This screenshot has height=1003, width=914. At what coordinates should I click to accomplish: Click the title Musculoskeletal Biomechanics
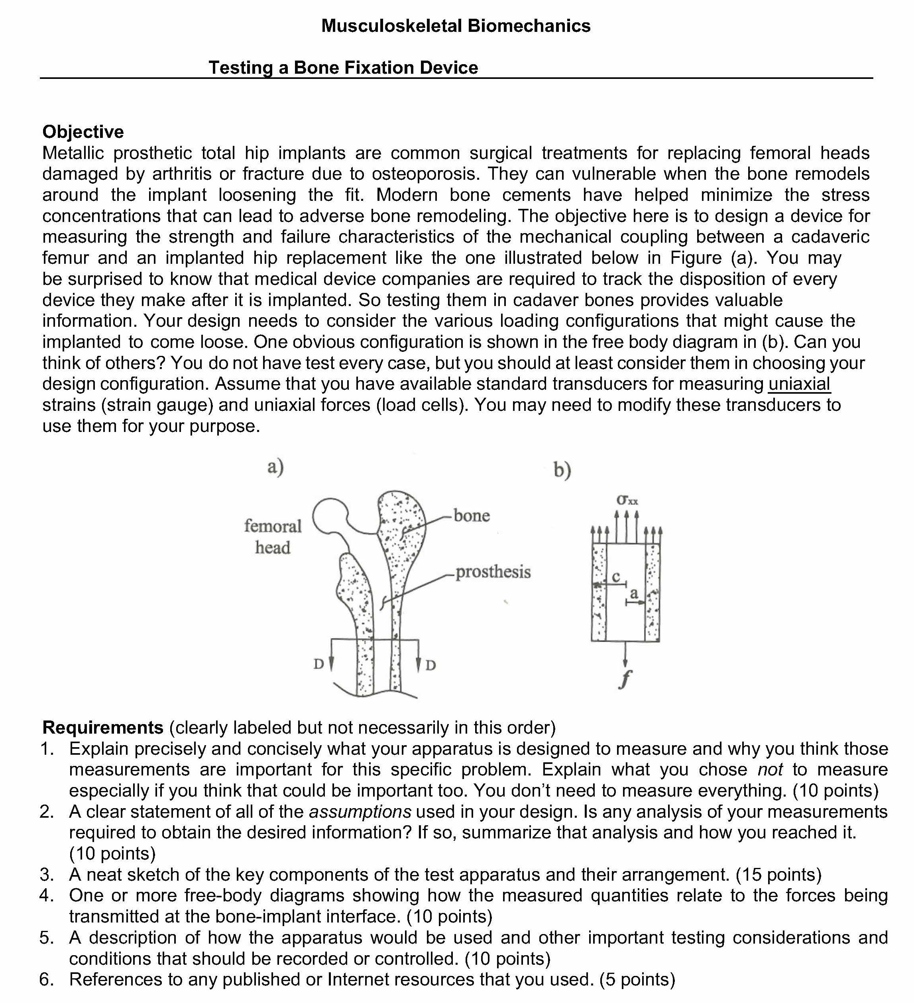456,26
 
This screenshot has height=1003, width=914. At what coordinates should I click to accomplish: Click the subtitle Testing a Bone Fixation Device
343,68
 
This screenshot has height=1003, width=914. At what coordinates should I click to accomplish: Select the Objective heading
83,132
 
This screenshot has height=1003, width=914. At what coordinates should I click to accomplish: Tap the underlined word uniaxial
799,384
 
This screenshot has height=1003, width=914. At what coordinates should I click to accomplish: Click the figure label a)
275,467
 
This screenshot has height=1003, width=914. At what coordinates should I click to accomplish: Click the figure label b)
562,470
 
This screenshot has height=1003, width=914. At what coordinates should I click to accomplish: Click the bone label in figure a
472,515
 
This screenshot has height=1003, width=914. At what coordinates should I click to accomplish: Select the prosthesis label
493,572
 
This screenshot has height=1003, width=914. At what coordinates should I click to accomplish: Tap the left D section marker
318,664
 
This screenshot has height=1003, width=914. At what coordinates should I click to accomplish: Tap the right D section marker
431,665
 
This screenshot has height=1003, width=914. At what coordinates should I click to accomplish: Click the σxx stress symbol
627,500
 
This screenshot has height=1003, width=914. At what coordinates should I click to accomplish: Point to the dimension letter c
616,576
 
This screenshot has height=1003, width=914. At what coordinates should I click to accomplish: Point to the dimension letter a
634,593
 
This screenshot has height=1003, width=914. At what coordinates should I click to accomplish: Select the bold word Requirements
103,727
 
